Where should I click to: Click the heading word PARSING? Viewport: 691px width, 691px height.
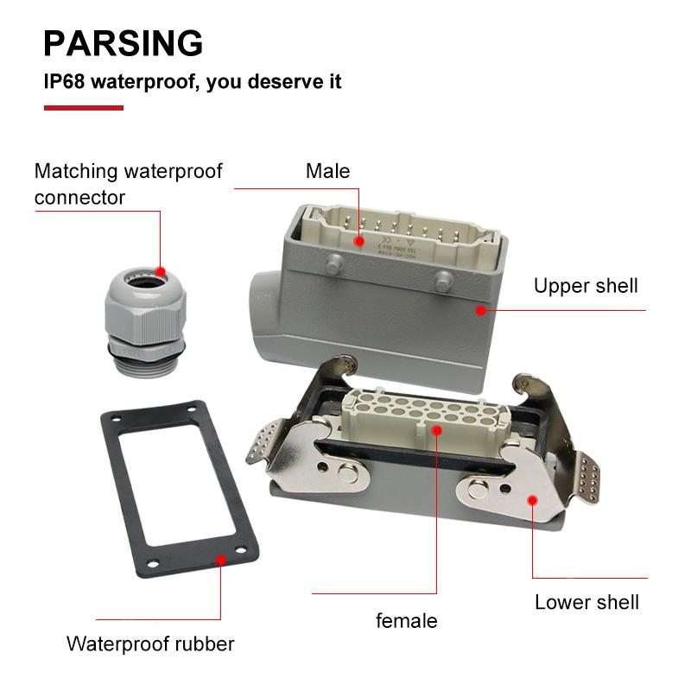(x=124, y=42)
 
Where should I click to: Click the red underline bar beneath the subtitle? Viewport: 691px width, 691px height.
(x=83, y=108)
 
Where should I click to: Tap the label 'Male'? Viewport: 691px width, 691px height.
(x=327, y=171)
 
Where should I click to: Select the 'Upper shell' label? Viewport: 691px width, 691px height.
(x=585, y=286)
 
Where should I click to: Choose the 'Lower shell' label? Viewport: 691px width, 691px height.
(x=586, y=602)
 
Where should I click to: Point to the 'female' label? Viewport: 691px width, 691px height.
(x=406, y=620)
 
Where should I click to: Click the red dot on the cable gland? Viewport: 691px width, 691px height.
(x=161, y=270)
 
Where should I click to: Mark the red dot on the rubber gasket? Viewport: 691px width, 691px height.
(x=221, y=560)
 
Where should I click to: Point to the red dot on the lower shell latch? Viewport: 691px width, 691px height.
(x=532, y=500)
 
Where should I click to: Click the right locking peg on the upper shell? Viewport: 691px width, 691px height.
(x=444, y=280)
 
